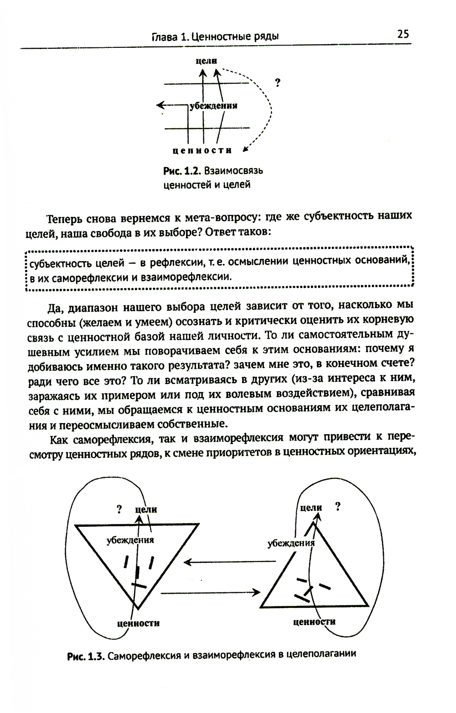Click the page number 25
click(x=403, y=34)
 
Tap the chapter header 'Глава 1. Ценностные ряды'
click(x=215, y=37)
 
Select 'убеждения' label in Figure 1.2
click(x=213, y=106)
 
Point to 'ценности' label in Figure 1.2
click(x=202, y=150)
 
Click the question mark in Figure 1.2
click(x=278, y=83)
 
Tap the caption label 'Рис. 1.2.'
click(x=182, y=171)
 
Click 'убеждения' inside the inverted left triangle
click(x=130, y=540)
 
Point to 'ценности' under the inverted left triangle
click(x=138, y=623)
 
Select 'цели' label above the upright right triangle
click(x=311, y=508)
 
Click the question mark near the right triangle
click(x=337, y=507)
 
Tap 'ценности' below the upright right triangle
click(x=314, y=621)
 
